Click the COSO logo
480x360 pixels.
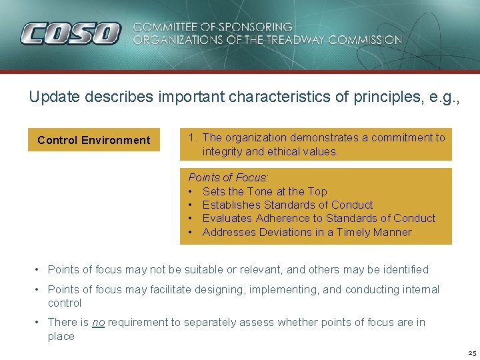click(70, 33)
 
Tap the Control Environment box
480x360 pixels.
click(94, 140)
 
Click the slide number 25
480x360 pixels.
click(471, 353)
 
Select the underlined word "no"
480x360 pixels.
click(98, 323)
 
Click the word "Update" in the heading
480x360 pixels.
click(50, 97)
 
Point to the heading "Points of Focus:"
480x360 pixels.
click(228, 178)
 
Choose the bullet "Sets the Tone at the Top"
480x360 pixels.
click(265, 191)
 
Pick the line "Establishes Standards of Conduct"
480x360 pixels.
click(287, 205)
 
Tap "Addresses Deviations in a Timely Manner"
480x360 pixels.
click(307, 232)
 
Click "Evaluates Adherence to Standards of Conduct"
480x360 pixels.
click(319, 218)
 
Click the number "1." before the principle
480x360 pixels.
click(193, 138)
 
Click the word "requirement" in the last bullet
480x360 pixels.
click(138, 323)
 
